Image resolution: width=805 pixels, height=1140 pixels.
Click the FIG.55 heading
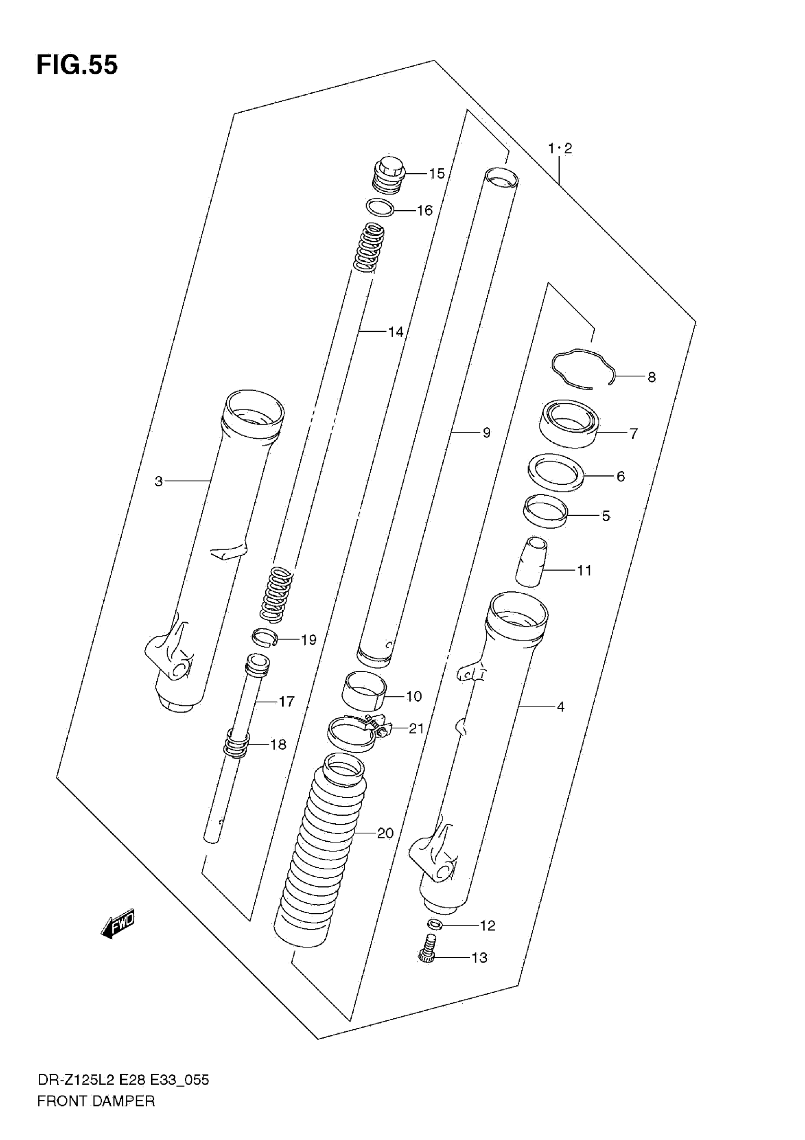tap(77, 65)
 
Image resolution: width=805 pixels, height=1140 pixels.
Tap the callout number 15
tap(437, 174)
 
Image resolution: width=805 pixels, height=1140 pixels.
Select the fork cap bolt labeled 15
tap(389, 175)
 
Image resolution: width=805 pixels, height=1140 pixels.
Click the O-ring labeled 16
tap(380, 207)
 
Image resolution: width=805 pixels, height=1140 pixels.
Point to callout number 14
tap(395, 332)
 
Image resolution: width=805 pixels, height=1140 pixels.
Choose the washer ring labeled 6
tap(555, 472)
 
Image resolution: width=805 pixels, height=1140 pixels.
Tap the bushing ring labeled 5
tap(546, 511)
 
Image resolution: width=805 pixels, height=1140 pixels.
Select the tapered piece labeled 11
tap(531, 561)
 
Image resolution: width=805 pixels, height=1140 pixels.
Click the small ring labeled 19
tap(264, 638)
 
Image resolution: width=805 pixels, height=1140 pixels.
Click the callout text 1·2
tap(560, 149)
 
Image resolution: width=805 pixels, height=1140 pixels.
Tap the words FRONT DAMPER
tap(96, 1102)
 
